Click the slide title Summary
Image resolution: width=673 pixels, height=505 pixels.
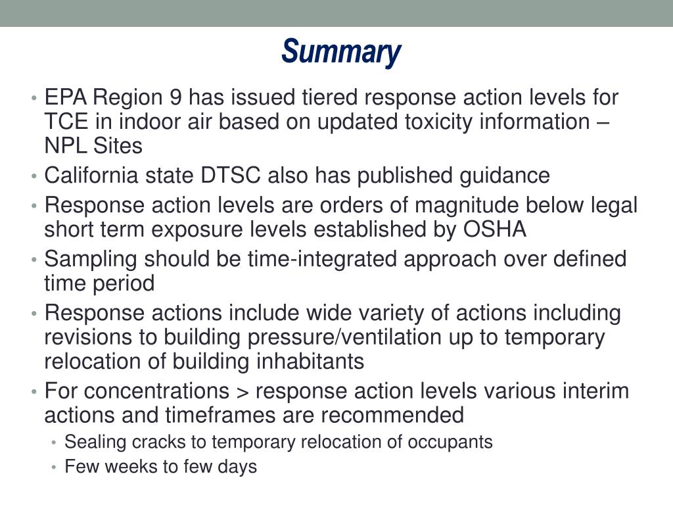[340, 52]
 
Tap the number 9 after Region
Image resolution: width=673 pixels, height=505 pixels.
[175, 98]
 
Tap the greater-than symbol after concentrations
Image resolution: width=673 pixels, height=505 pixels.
[241, 391]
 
